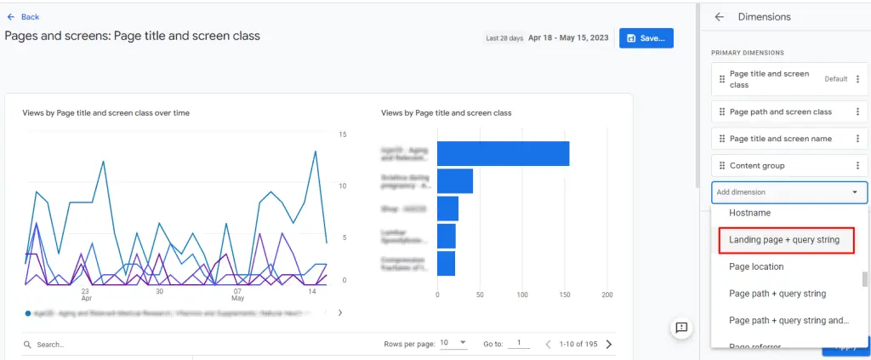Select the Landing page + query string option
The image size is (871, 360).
click(783, 240)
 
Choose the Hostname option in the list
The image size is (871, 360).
click(749, 213)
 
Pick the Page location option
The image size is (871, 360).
click(756, 266)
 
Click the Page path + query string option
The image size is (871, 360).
click(777, 294)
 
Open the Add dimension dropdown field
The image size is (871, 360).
click(788, 192)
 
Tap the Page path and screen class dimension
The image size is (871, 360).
click(780, 111)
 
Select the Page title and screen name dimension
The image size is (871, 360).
click(780, 139)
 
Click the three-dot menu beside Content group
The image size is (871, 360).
click(857, 165)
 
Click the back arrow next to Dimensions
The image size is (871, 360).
click(719, 17)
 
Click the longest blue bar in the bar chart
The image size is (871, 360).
click(503, 154)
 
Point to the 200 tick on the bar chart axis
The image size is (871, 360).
click(606, 294)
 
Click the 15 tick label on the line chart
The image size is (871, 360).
click(343, 134)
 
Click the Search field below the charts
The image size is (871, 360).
click(102, 345)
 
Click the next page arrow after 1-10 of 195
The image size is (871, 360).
click(608, 345)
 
